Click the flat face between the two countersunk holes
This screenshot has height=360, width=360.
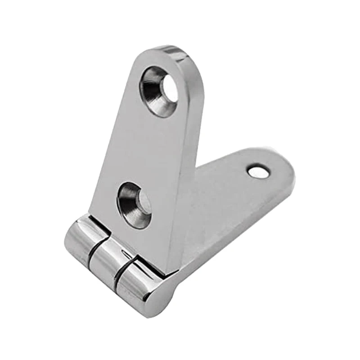coord(144,148)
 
